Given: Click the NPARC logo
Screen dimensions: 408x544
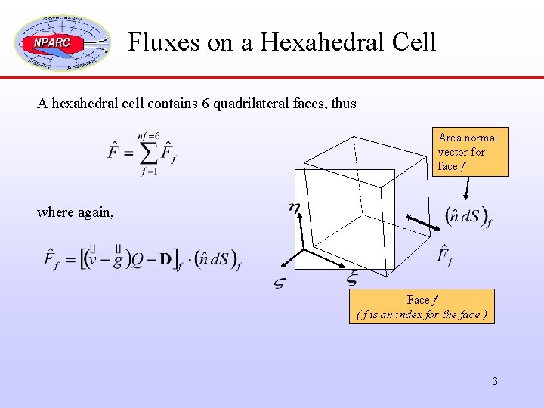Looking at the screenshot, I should coord(62,42).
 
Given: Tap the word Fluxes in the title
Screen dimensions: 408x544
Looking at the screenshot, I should coord(163,42).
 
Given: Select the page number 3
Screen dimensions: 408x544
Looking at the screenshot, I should coord(495,381).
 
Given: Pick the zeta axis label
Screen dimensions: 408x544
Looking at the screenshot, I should coord(279,283).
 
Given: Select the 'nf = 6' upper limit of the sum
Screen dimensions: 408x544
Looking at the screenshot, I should coord(148,137).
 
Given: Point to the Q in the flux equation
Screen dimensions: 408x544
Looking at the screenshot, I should coord(137,261).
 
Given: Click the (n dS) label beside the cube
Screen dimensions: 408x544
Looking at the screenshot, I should coord(468,217).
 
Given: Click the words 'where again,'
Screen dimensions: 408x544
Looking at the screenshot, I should coord(76,212).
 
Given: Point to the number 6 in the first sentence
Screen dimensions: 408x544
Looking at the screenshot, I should coord(206,104).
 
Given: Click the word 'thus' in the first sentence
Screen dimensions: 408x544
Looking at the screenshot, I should coord(343,104).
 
